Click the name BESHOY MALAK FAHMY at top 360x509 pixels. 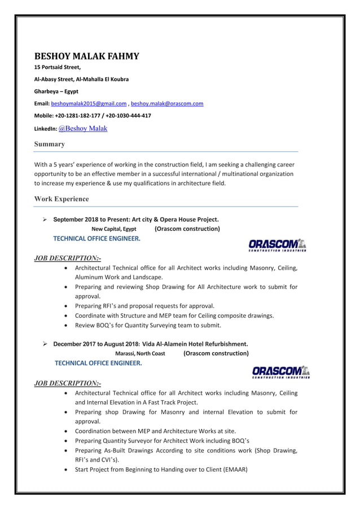pos(87,56)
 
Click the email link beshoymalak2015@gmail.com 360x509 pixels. pos(89,104)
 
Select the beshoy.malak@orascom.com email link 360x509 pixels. pos(167,104)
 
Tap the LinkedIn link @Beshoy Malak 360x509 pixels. pos(83,128)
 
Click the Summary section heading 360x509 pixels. pos(50,144)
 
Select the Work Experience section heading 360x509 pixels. pos(62,199)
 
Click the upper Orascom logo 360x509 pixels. pos(276,244)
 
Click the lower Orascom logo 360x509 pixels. pos(280,372)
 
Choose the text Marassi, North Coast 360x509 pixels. pos(140,354)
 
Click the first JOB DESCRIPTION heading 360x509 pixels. pos(68,258)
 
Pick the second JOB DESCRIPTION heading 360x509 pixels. pos(68,384)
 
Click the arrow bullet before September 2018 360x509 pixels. pos(45,219)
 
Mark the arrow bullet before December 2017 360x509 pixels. pos(45,344)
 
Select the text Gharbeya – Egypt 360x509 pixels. pos(56,91)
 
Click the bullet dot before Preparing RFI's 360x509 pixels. pos(68,306)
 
